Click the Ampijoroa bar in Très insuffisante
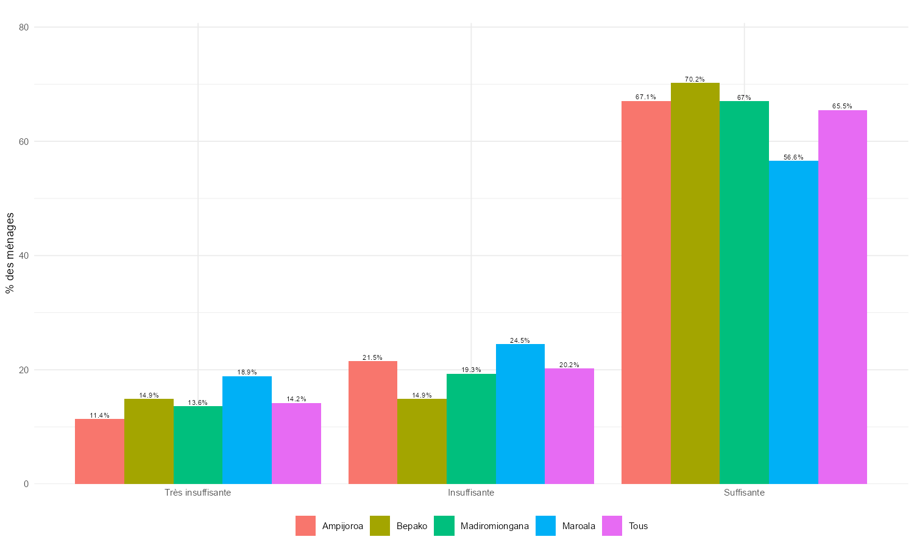pyautogui.click(x=99, y=451)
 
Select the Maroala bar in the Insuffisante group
pyautogui.click(x=520, y=414)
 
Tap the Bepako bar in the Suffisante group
pyautogui.click(x=695, y=283)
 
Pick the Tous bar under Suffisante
pyautogui.click(x=843, y=297)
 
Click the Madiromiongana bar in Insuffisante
pyautogui.click(x=471, y=429)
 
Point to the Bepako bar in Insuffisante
pyautogui.click(x=422, y=441)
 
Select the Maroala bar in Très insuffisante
pyautogui.click(x=247, y=430)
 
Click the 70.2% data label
pyautogui.click(x=695, y=79)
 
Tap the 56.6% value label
pyautogui.click(x=793, y=157)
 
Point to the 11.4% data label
pyautogui.click(x=99, y=415)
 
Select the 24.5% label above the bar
pyautogui.click(x=520, y=340)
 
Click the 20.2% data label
pyautogui.click(x=569, y=365)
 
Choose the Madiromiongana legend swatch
pyautogui.click(x=444, y=526)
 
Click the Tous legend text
pyautogui.click(x=638, y=526)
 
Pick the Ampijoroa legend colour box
pyautogui.click(x=305, y=526)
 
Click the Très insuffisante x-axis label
pyautogui.click(x=197, y=493)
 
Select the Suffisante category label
pyautogui.click(x=744, y=493)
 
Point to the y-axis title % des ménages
pyautogui.click(x=10, y=253)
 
